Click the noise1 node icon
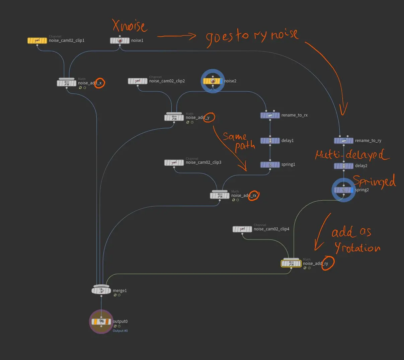120,41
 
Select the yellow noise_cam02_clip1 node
37,41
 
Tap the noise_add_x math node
67,83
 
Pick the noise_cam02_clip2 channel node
138,81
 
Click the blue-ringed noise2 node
213,81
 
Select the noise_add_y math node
174,118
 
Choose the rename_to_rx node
270,115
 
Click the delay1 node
270,141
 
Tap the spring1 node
270,165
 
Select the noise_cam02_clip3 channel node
174,162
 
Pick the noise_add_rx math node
220,196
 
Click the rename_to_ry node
343,141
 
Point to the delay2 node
343,166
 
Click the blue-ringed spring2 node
343,190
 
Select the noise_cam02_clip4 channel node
242,229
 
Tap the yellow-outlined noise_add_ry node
291,264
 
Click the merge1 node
101,291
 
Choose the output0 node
101,321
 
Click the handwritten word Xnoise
130,26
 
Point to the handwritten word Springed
374,181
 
